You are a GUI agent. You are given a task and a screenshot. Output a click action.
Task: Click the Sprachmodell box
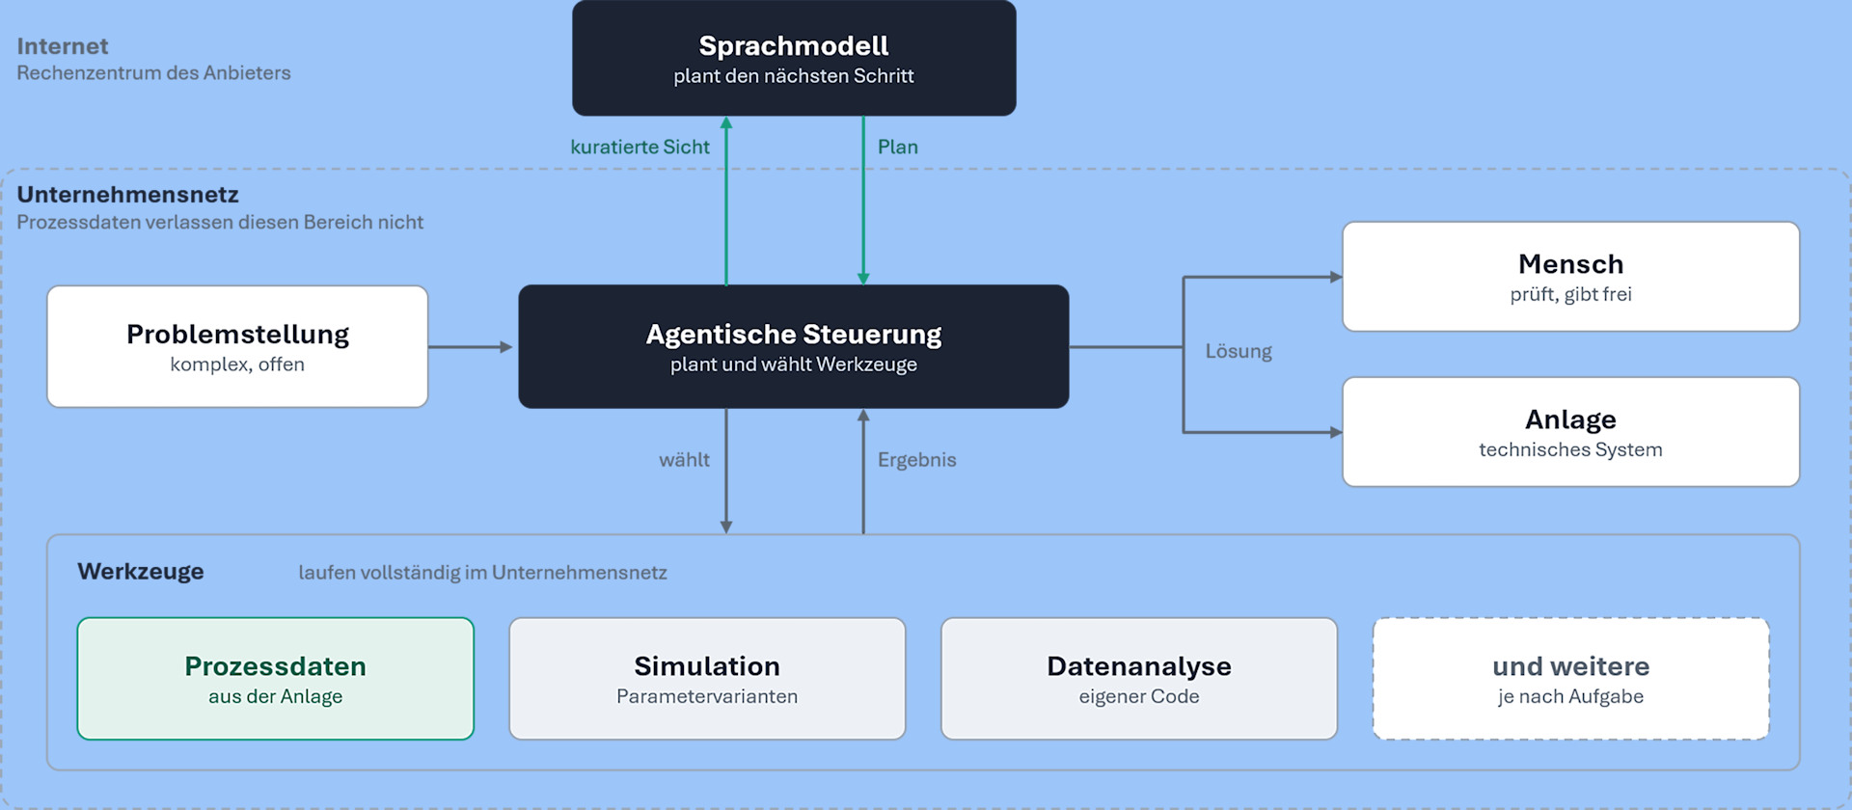pos(794,58)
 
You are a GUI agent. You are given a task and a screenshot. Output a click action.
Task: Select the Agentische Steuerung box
pos(794,346)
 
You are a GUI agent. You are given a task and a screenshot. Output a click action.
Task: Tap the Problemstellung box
pos(237,346)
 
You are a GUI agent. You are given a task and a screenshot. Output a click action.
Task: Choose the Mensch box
pos(1570,277)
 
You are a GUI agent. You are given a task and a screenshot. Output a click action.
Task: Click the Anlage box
pos(1570,432)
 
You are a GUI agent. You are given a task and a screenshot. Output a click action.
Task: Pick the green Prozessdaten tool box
pos(276,679)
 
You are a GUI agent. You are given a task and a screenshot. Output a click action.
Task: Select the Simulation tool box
pos(707,679)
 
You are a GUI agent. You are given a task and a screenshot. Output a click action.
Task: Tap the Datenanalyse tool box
pos(1139,679)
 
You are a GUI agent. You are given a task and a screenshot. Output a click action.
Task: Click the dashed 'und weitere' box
pos(1570,679)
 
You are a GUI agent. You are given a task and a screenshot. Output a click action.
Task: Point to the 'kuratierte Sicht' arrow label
pos(640,147)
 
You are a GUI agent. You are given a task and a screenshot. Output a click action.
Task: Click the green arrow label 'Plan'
pos(898,147)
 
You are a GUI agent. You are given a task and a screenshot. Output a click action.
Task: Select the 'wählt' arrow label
pos(684,460)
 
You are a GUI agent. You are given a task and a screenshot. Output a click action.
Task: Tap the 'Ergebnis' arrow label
pos(917,460)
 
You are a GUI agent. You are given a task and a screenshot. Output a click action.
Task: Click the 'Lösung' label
pos(1239,351)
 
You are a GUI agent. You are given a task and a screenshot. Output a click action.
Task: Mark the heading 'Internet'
pos(63,45)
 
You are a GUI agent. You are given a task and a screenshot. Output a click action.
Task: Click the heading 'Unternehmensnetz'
pos(127,194)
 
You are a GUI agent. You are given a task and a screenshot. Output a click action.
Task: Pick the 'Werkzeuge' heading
pos(141,571)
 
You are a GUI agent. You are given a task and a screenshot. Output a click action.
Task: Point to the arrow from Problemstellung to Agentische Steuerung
pos(471,347)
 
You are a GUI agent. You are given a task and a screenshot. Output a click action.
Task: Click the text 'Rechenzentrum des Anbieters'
pos(153,73)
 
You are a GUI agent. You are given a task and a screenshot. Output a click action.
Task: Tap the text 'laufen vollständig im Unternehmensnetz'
pos(482,572)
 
